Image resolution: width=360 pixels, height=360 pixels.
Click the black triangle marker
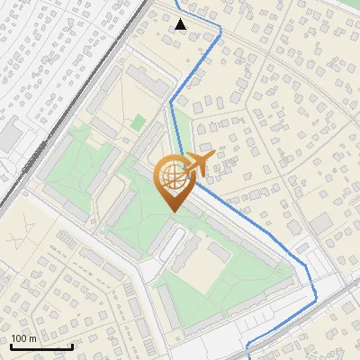(x=181, y=24)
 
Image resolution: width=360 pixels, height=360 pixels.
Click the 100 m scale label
(x=23, y=338)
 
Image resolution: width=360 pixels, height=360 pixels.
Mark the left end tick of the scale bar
(x=11, y=346)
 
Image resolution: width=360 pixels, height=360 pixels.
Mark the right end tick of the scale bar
(x=72, y=346)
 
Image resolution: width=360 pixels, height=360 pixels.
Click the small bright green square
(x=138, y=121)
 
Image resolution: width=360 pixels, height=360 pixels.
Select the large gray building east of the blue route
(x=321, y=222)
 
